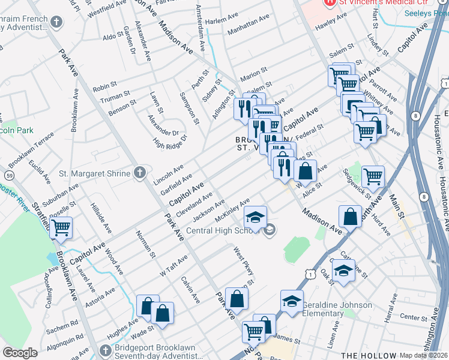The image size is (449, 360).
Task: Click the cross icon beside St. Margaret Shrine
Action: coord(140,174)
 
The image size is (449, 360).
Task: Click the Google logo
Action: coord(20,353)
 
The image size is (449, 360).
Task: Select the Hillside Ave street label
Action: coord(100,218)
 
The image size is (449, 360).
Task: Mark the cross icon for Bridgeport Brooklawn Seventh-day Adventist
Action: coord(106,350)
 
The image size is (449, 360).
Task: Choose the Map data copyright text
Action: coord(423,355)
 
